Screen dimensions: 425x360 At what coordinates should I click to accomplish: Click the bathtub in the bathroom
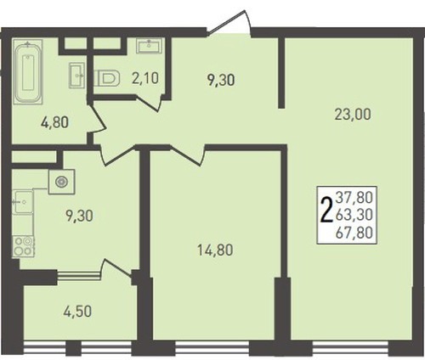pos(28,72)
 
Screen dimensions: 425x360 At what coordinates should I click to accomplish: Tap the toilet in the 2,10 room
pos(106,78)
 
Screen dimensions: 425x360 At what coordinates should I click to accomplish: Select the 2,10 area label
pos(145,78)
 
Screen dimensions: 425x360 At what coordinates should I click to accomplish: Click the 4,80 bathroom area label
pos(54,123)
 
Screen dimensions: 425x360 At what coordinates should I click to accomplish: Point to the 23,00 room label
pos(353,115)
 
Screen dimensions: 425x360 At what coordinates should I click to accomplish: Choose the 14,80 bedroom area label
pos(215,250)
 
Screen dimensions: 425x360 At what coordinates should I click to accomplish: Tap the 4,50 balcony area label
pos(77,312)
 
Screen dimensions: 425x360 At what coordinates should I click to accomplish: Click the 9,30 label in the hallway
pos(221,80)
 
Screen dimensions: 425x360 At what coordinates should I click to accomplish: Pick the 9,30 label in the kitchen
pos(79,216)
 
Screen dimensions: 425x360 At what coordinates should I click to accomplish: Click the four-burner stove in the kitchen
pos(23,246)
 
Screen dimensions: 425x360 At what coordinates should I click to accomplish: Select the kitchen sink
pos(23,202)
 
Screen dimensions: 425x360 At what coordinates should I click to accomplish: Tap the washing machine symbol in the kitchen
pos(61,182)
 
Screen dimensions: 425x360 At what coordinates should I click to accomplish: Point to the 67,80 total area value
pos(354,233)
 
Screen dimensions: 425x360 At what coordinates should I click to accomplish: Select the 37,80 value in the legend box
pos(354,197)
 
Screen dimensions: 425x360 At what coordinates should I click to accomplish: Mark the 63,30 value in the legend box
pos(354,215)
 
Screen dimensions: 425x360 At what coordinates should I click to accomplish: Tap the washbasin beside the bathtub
pos(76,75)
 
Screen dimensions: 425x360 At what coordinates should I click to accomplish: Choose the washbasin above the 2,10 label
pos(149,46)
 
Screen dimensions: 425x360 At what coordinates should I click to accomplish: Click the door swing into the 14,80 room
pos(188,155)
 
